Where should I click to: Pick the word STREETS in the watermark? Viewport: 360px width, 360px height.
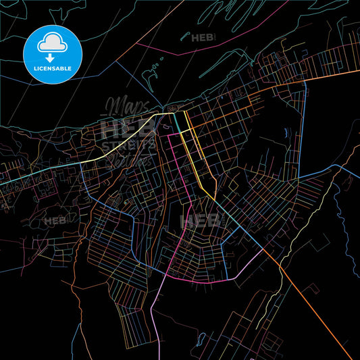tap(128, 145)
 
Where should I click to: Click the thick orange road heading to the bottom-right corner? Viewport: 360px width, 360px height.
tap(317, 304)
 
